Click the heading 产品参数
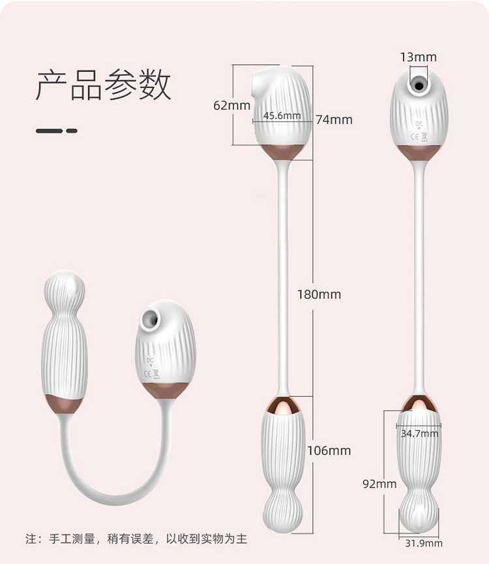click(103, 85)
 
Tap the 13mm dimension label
click(418, 57)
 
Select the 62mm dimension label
click(231, 104)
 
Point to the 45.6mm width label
click(282, 116)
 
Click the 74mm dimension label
click(334, 119)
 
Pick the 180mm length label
click(319, 294)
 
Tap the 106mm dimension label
click(329, 450)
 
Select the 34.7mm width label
click(419, 433)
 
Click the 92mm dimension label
click(379, 484)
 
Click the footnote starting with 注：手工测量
click(136, 539)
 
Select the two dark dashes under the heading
click(56, 131)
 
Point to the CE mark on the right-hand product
click(417, 136)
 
